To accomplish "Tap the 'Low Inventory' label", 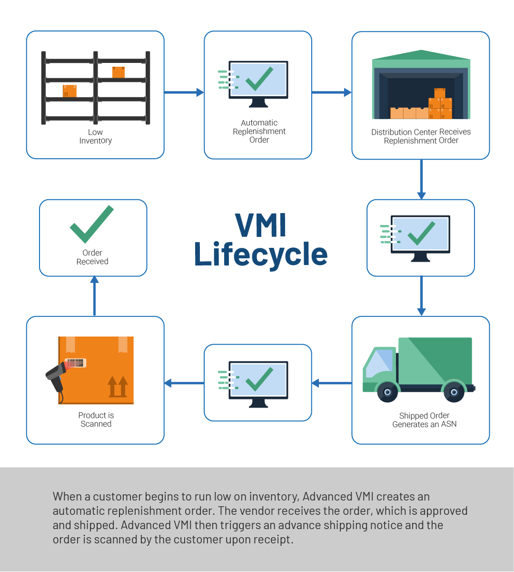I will (x=95, y=136).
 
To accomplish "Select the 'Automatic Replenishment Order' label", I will (x=259, y=131).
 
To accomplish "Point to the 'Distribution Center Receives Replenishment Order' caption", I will (x=421, y=136).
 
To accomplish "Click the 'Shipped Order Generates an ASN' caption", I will (x=424, y=420).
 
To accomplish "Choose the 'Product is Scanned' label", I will (x=96, y=419).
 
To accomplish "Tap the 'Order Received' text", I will (x=92, y=257).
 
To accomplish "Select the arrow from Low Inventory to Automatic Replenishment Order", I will (x=184, y=92).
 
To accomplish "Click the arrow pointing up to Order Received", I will (x=94, y=296).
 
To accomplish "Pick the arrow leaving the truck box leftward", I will (x=331, y=383).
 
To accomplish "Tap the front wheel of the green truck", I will (x=387, y=392).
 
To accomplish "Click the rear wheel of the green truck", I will (x=454, y=392).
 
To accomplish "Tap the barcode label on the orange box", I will (x=75, y=363).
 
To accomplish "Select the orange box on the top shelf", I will (x=119, y=72).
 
